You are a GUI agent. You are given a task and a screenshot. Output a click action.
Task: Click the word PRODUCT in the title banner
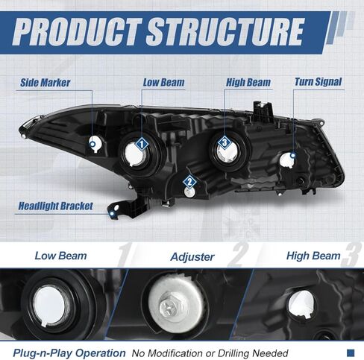click(77, 32)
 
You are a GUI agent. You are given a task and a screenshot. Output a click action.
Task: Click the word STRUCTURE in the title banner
click(226, 32)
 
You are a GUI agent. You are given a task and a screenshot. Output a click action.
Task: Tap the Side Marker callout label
click(45, 83)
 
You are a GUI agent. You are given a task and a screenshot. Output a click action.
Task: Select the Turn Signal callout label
click(318, 82)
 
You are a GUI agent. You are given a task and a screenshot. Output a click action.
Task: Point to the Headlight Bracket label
click(56, 206)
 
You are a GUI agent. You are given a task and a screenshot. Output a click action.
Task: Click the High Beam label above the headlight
click(248, 83)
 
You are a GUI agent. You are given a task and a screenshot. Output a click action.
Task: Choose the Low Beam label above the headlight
click(163, 83)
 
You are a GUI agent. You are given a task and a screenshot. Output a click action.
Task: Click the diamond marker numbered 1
click(142, 144)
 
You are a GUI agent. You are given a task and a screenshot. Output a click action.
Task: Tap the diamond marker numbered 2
click(189, 182)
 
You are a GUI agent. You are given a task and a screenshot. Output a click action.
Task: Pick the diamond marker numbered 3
click(225, 142)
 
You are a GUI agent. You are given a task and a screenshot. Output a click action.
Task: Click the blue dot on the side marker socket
click(92, 144)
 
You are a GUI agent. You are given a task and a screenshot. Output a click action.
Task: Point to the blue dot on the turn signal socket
click(293, 156)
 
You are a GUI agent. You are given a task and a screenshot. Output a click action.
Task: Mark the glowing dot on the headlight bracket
click(112, 214)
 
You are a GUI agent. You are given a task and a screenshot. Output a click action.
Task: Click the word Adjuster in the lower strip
click(192, 257)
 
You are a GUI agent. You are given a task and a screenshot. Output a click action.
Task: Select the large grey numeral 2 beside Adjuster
click(238, 255)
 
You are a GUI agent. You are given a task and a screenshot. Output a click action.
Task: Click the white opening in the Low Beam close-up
click(50, 306)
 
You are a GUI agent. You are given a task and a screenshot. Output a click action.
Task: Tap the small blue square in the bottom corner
click(351, 353)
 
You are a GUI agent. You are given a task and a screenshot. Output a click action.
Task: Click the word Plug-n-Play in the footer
click(43, 353)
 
